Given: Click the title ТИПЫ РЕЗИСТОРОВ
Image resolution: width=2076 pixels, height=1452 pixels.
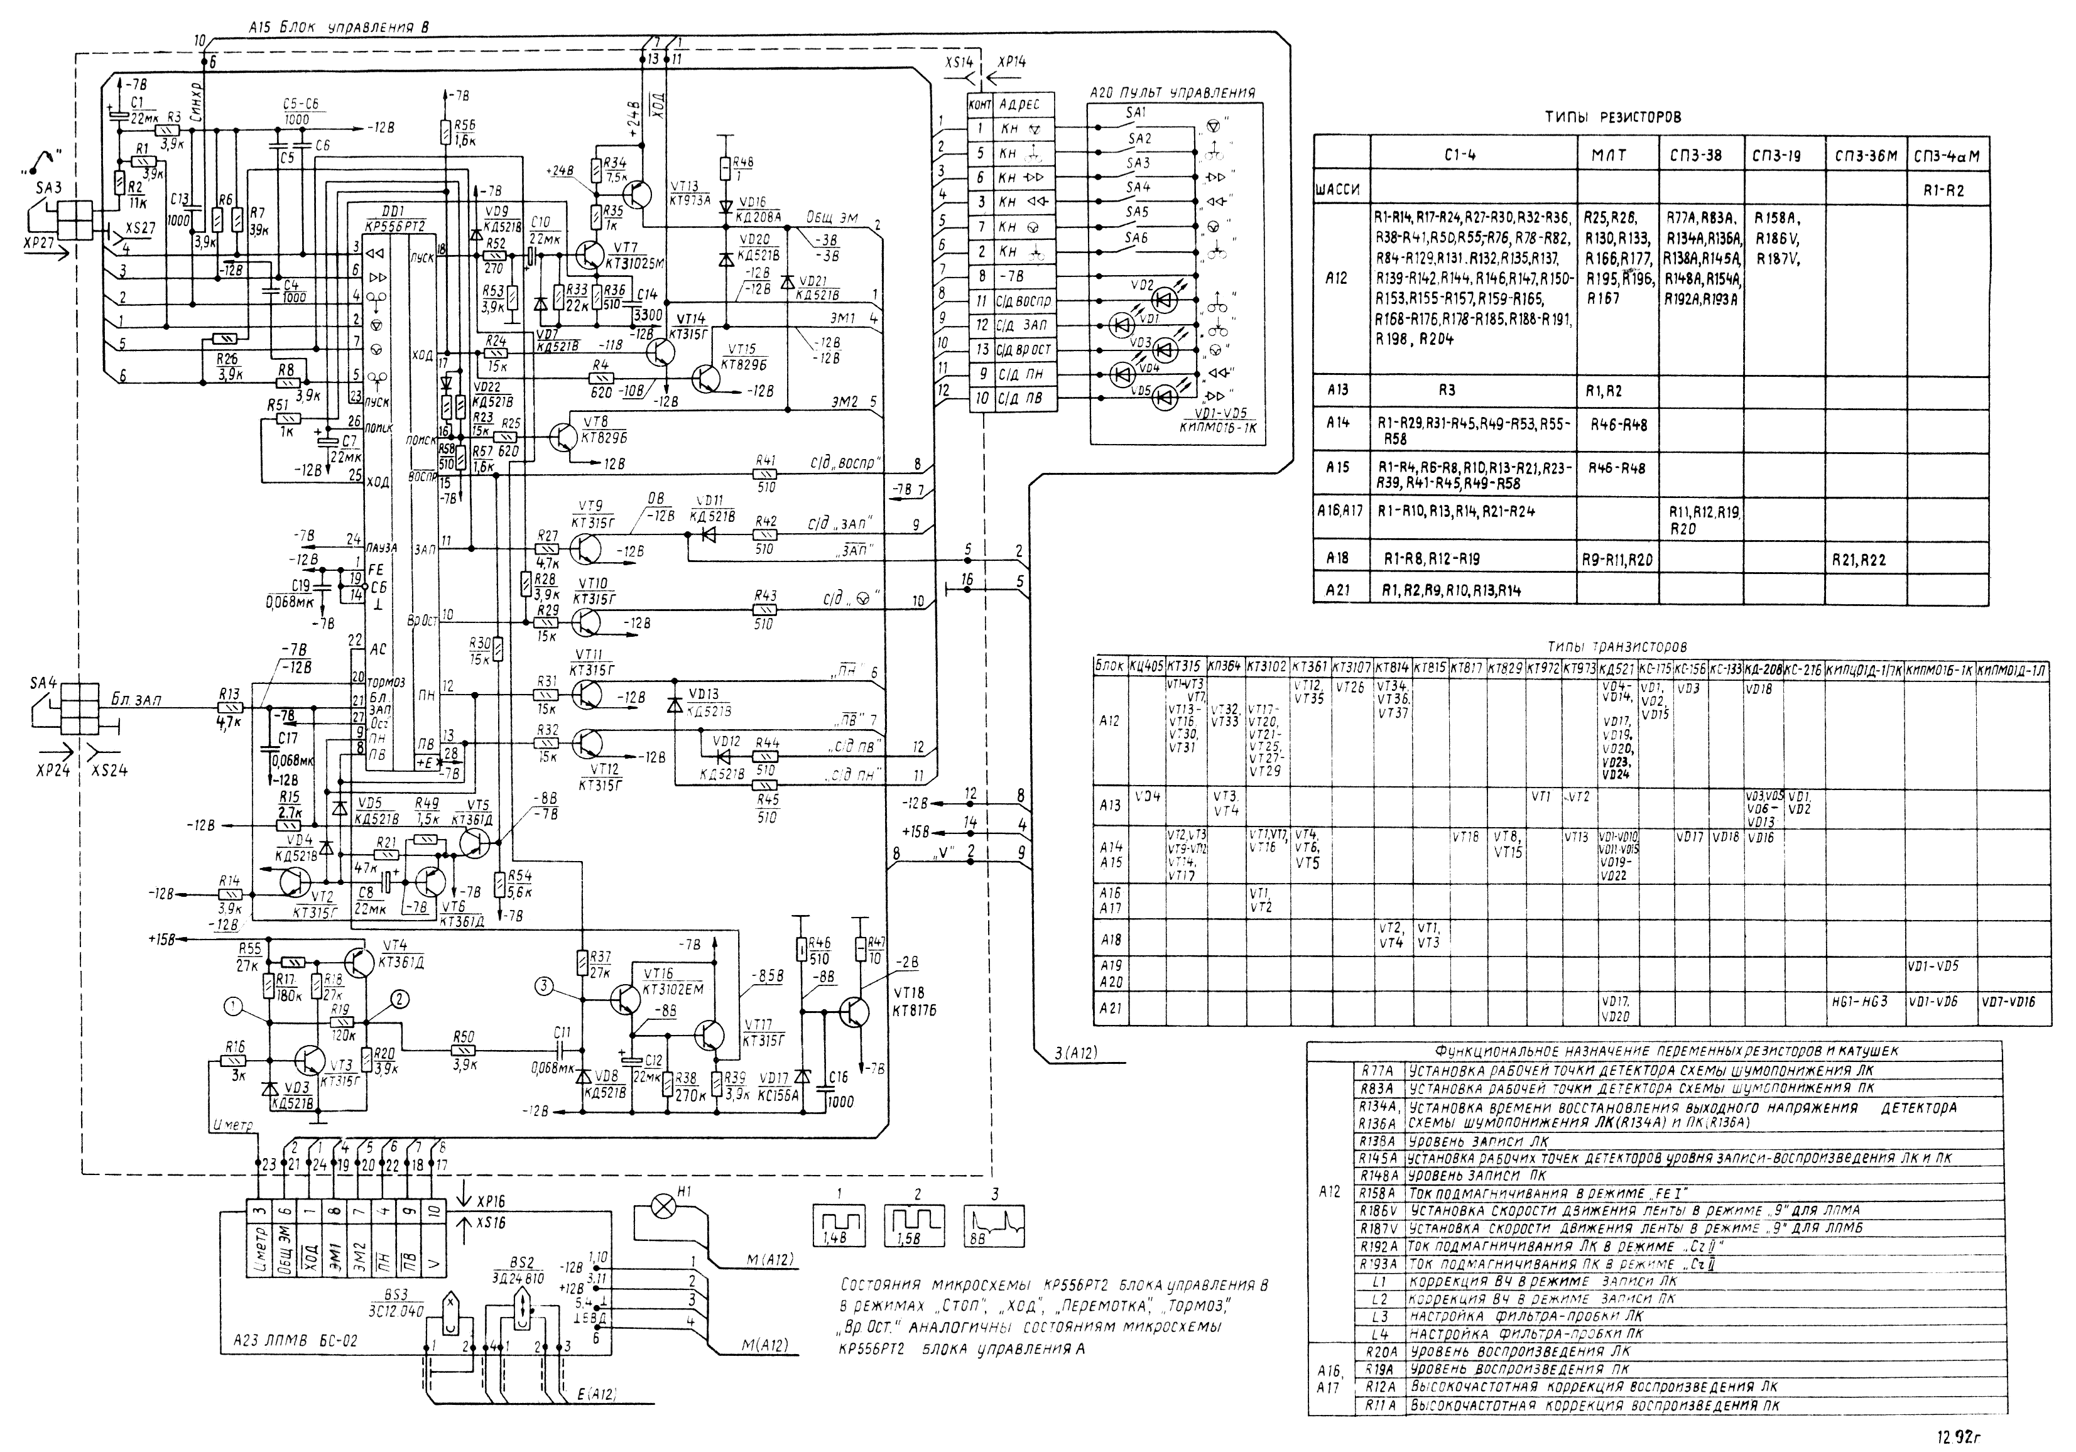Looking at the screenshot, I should [1612, 117].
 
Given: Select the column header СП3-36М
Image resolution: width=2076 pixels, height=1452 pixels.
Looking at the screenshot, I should [1866, 156].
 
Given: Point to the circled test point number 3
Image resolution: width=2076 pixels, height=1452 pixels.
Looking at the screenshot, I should [543, 987].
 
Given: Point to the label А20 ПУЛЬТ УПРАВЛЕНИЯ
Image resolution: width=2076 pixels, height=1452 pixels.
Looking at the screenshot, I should [1172, 93].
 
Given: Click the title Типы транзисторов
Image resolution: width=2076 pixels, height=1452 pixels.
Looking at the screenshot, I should [1616, 647].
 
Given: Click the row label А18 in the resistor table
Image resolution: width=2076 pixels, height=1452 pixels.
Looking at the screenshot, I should [1337, 559].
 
